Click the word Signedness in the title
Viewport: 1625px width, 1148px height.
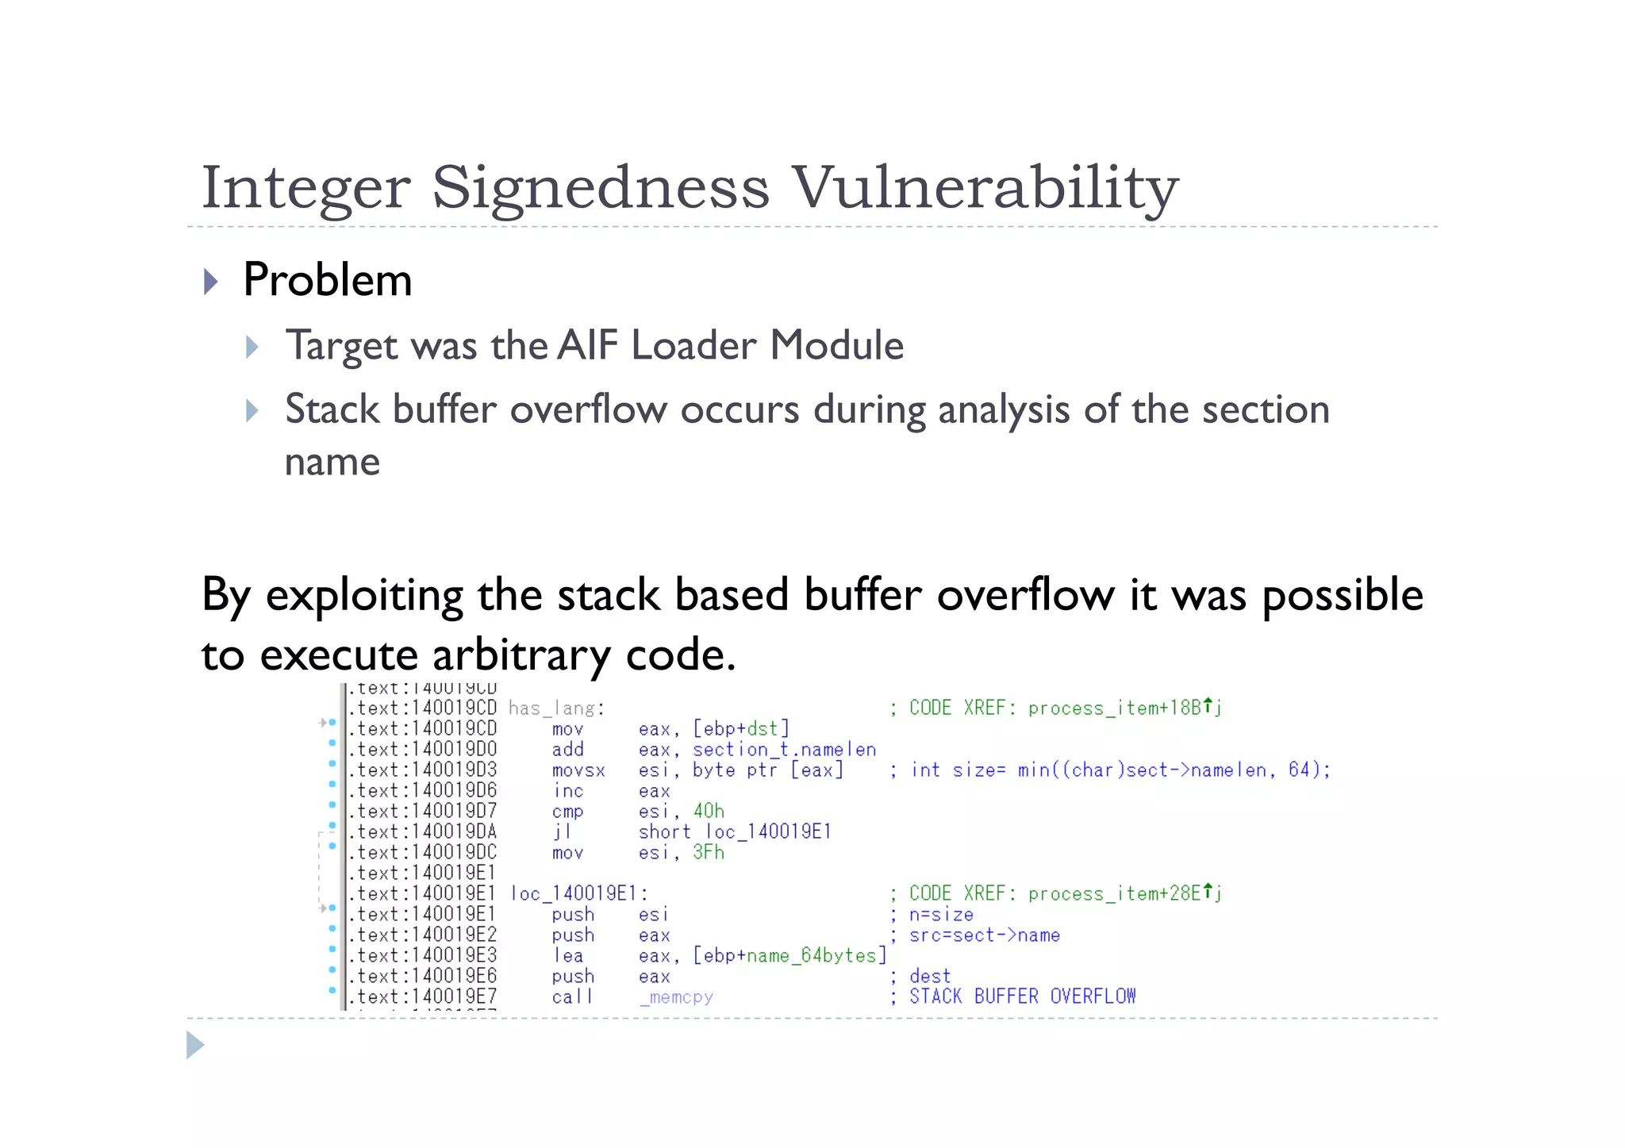point(601,187)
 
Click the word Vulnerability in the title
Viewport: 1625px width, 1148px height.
point(985,187)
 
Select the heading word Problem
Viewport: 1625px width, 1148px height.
point(327,280)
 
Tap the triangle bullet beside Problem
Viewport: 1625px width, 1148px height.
point(210,282)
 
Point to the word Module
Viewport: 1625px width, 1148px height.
point(836,345)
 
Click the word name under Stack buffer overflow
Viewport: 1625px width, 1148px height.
point(332,462)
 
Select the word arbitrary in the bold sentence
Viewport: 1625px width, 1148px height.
point(521,655)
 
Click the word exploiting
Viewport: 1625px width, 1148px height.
point(364,595)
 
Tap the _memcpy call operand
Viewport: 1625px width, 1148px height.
point(676,997)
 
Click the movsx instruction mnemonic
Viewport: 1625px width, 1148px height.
point(578,770)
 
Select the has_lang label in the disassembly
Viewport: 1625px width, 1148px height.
point(556,708)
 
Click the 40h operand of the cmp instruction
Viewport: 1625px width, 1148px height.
point(709,812)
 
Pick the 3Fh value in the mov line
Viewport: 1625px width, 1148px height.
point(709,853)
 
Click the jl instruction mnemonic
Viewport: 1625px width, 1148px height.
point(563,832)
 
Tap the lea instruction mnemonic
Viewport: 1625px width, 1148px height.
point(568,956)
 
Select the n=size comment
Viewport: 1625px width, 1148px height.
point(941,915)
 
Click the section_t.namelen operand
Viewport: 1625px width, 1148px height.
point(784,750)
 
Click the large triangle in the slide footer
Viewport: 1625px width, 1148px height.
point(195,1045)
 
